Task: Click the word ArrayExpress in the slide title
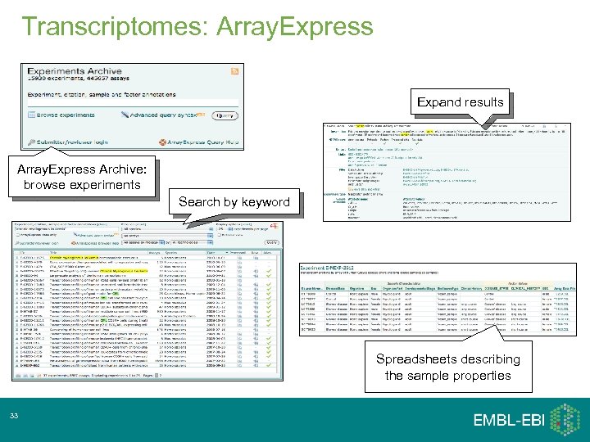295,25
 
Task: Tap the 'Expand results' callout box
460,102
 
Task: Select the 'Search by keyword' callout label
234,201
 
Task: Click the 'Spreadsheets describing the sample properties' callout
447,367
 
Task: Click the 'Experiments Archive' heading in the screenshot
76,72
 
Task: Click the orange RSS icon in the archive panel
235,71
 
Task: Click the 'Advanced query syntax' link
163,115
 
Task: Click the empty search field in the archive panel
131,104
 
